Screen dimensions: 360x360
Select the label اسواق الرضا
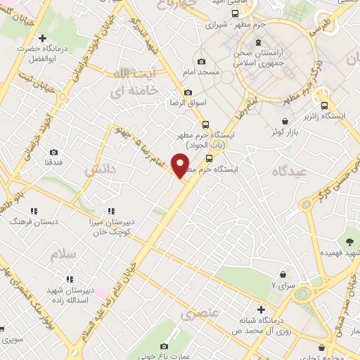[x=188, y=103]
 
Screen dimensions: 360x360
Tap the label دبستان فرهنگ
[x=31, y=221]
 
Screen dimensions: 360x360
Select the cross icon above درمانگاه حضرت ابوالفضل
[x=42, y=38]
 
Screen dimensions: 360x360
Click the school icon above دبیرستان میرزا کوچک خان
[x=110, y=211]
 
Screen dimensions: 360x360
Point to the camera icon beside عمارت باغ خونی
[x=165, y=346]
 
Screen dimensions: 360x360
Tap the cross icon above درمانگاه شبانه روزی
[x=261, y=309]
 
